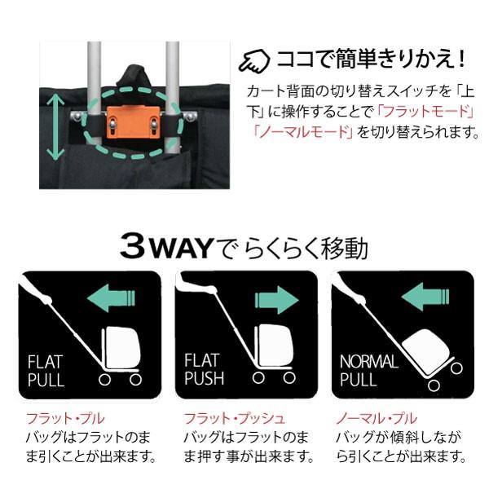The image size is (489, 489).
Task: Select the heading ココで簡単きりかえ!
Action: coord(371,59)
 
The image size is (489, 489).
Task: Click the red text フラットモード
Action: coord(428,110)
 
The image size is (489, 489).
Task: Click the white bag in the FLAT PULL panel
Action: coord(121,346)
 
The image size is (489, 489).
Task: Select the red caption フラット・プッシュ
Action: coord(235,418)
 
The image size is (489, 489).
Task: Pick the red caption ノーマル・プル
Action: coord(377,418)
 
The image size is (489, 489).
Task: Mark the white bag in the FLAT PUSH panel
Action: coord(278,346)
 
